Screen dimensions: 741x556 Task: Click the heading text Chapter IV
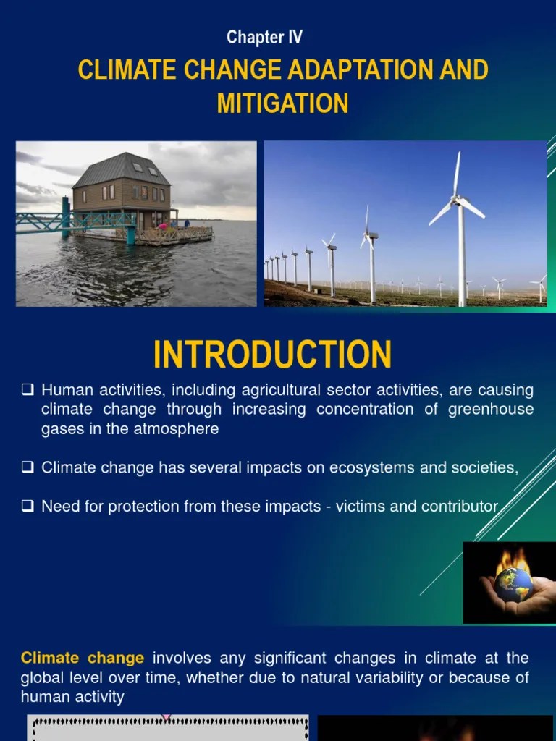(264, 38)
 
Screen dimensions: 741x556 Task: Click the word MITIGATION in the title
(282, 103)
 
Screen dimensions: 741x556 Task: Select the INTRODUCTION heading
(272, 355)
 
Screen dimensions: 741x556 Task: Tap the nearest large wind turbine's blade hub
(457, 200)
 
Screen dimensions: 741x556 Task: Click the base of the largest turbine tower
(461, 300)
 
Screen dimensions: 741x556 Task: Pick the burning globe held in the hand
(513, 579)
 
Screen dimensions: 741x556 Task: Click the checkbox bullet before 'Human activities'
(28, 391)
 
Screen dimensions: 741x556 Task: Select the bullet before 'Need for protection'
(28, 507)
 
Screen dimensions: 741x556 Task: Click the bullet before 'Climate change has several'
(28, 468)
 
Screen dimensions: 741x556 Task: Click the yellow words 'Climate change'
(83, 659)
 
